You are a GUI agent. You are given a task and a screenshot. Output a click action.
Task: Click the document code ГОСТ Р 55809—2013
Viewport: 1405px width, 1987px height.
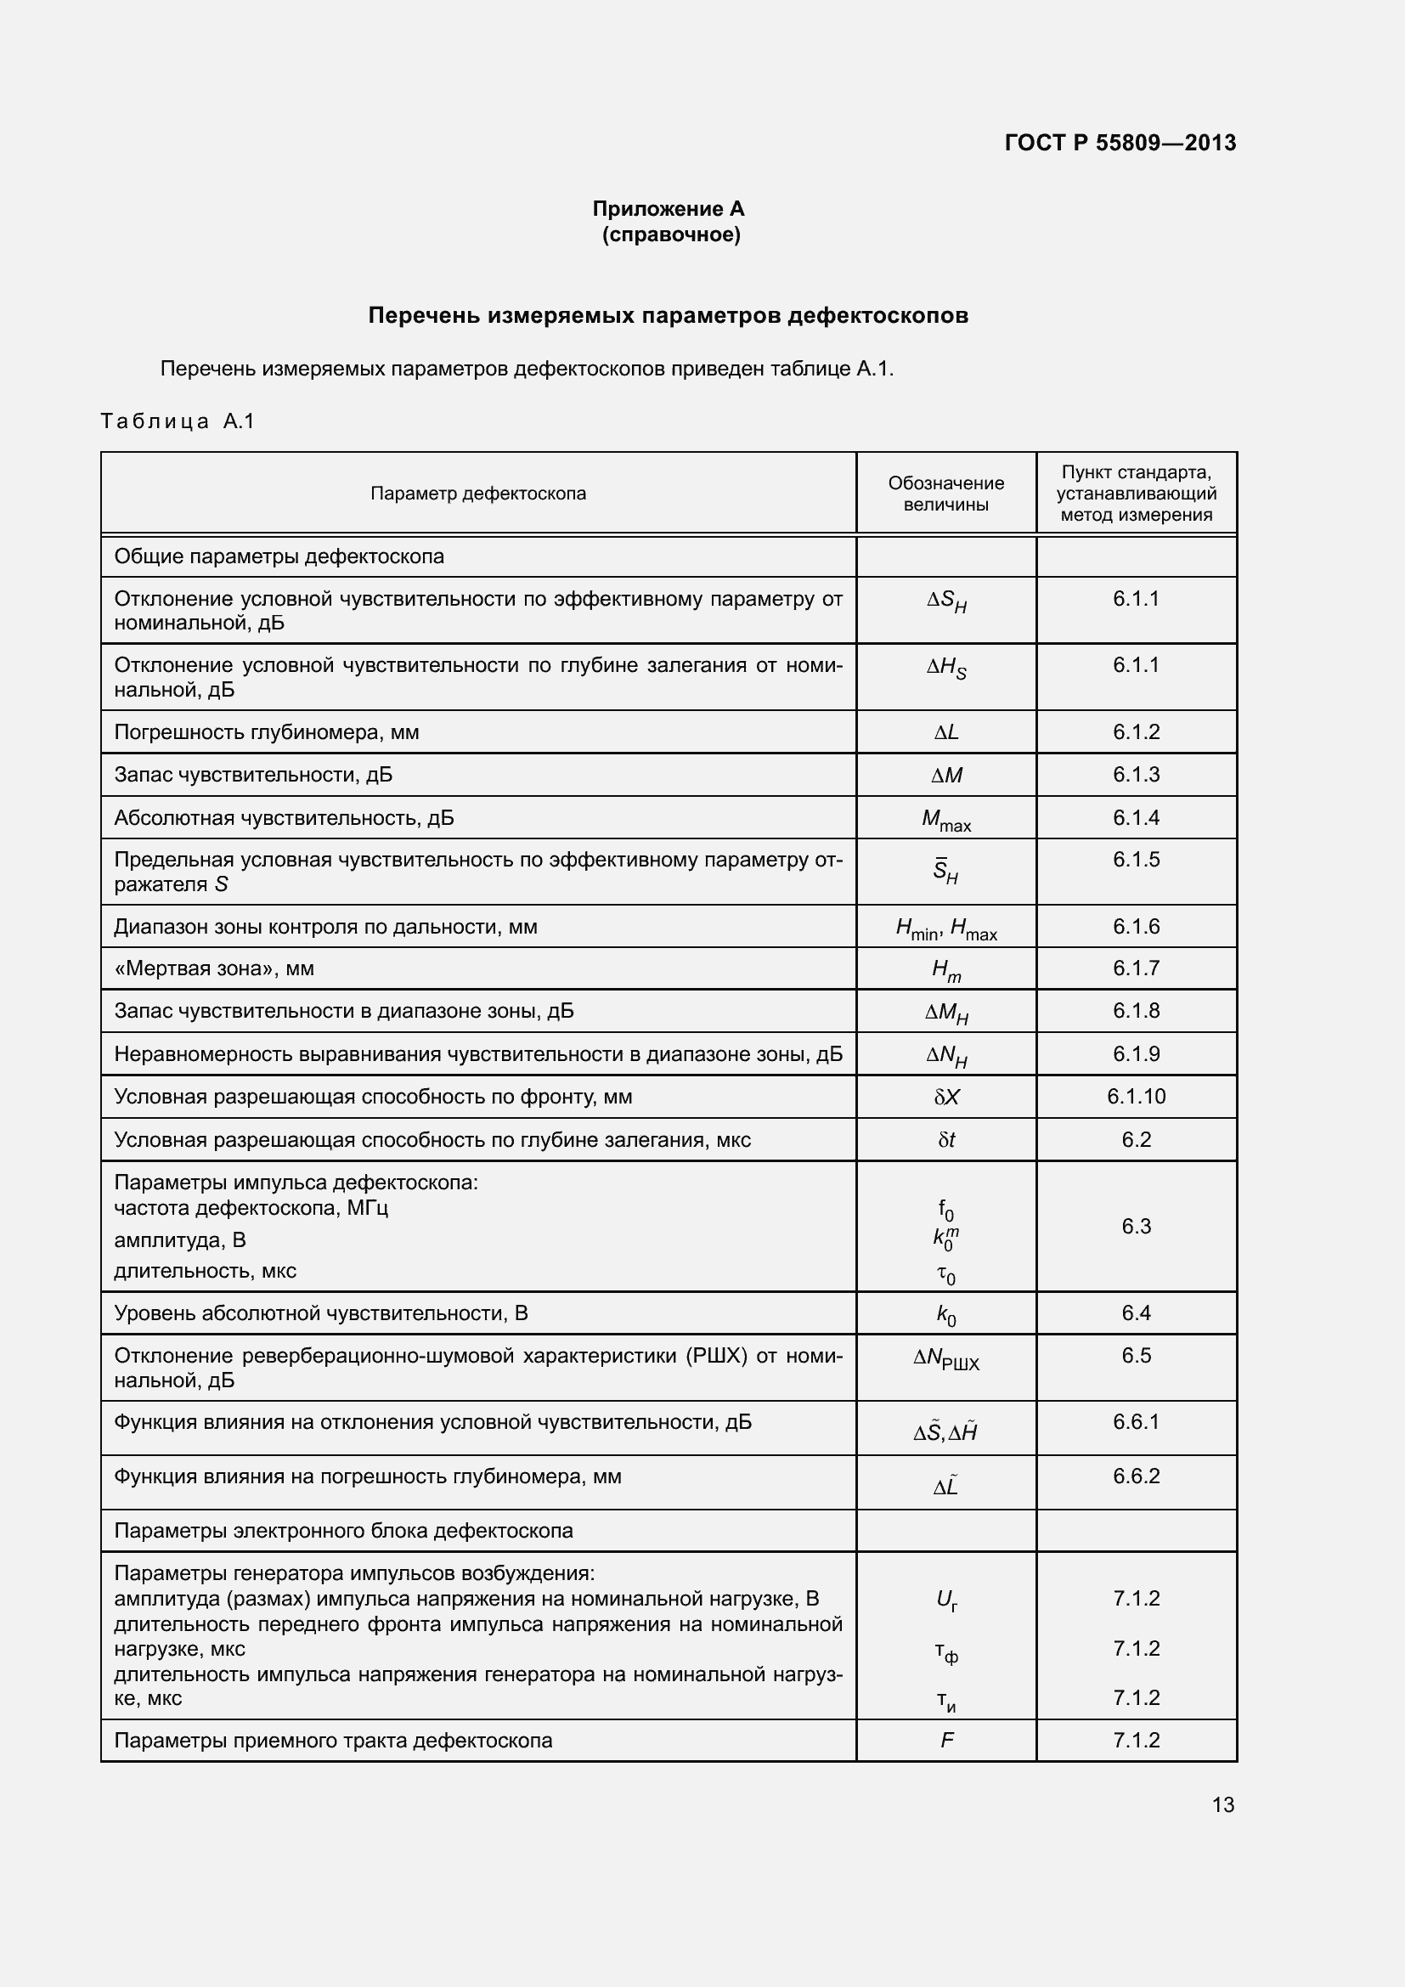pyautogui.click(x=1120, y=143)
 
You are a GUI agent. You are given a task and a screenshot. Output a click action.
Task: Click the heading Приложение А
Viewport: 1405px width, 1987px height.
pyautogui.click(x=668, y=209)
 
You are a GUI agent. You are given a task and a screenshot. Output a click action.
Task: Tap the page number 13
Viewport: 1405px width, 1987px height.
pyautogui.click(x=1222, y=1804)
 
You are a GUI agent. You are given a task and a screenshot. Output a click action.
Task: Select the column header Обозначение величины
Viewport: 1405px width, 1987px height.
pyautogui.click(x=945, y=494)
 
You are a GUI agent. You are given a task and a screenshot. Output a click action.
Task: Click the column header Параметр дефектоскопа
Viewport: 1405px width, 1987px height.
pyautogui.click(x=477, y=494)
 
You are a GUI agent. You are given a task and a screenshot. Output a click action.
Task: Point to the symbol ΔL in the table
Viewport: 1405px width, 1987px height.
pyautogui.click(x=945, y=732)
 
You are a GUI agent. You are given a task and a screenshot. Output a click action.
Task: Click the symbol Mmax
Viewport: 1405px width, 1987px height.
pyautogui.click(x=945, y=820)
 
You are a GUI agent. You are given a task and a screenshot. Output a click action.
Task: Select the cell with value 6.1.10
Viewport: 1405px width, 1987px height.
pyautogui.click(x=1136, y=1097)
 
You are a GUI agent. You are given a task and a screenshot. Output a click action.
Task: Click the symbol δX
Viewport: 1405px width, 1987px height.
pyautogui.click(x=945, y=1098)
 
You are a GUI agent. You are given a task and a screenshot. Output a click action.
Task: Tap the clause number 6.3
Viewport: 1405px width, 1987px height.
pyautogui.click(x=1136, y=1227)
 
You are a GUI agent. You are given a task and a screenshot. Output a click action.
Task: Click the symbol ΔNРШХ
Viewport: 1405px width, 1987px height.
pyautogui.click(x=945, y=1358)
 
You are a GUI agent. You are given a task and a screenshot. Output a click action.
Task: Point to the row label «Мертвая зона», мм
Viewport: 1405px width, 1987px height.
pyautogui.click(x=214, y=968)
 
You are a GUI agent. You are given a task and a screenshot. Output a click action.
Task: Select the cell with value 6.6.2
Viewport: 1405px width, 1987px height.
pyautogui.click(x=1136, y=1476)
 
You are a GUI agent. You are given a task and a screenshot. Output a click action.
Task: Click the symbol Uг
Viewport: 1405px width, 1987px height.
pyautogui.click(x=945, y=1600)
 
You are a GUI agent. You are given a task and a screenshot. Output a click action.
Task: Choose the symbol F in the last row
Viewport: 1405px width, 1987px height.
pyautogui.click(x=945, y=1741)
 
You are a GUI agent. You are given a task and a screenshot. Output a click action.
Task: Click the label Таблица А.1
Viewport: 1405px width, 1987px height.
pyautogui.click(x=178, y=421)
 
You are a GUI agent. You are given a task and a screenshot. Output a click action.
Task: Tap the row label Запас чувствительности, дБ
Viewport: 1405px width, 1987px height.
pyautogui.click(x=252, y=775)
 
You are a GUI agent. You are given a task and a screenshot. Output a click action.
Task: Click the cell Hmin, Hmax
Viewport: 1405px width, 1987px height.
pyautogui.click(x=945, y=929)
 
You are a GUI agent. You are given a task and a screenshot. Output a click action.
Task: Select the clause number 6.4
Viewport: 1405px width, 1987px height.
pyautogui.click(x=1136, y=1312)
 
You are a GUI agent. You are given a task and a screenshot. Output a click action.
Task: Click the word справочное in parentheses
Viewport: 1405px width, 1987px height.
pyautogui.click(x=671, y=234)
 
